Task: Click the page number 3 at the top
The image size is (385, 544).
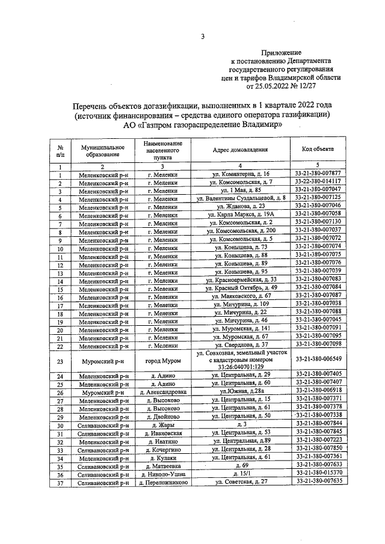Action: pyautogui.click(x=203, y=37)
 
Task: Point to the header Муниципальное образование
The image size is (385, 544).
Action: pyautogui.click(x=98, y=150)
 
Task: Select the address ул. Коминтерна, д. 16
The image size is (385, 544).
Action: pyautogui.click(x=241, y=173)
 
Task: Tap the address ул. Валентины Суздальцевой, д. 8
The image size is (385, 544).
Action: pyautogui.click(x=241, y=197)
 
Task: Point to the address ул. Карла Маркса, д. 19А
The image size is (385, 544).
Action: pyautogui.click(x=241, y=213)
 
